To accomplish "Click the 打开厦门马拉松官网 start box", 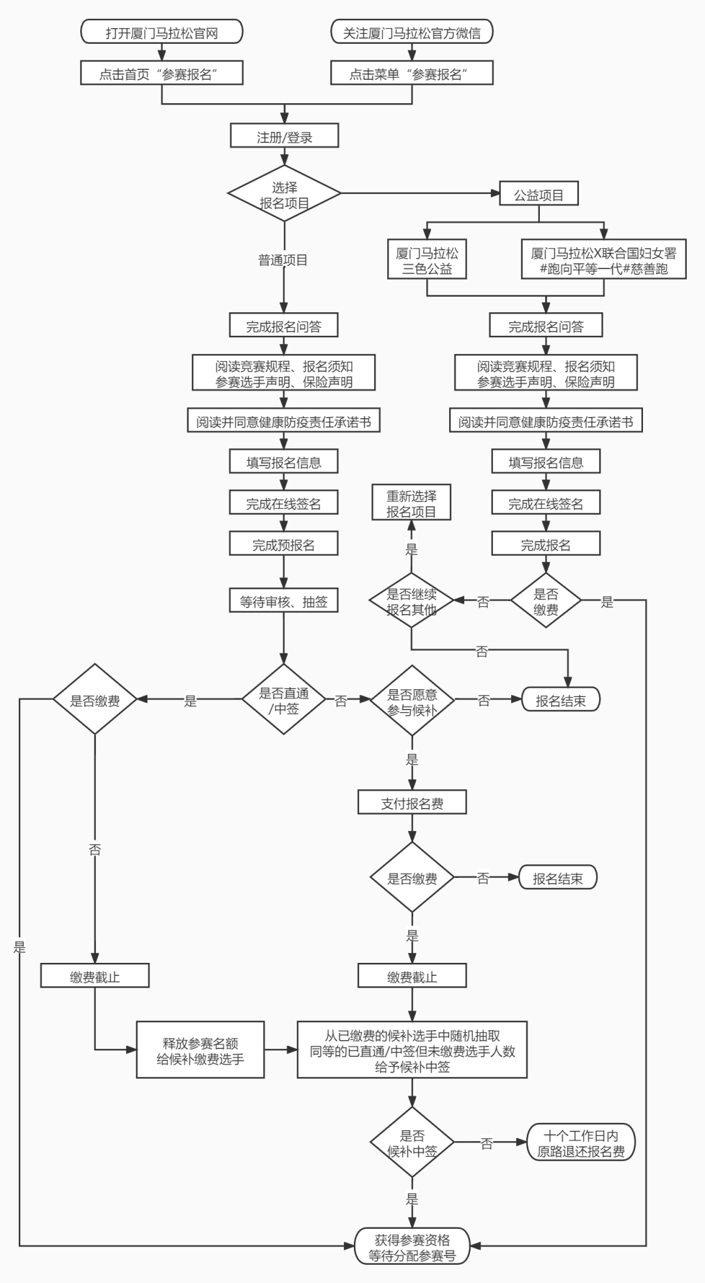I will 161,32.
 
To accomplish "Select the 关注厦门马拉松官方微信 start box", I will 411,32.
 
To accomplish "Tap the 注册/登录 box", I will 284,137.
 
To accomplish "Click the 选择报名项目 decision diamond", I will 284,194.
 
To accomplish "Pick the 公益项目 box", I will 539,194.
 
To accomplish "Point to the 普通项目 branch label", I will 283,260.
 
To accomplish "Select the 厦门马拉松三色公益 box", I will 427,260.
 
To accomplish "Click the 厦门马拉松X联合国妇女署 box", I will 603,260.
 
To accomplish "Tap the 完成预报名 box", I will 283,544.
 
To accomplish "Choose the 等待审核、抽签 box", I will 283,601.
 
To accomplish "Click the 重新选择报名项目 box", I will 411,504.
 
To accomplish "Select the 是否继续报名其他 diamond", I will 411,601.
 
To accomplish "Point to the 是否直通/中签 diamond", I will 283,700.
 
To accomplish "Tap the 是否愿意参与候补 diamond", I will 412,701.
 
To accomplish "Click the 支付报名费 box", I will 412,803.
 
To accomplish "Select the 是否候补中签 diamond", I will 412,1143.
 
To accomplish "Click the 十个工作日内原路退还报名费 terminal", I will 580,1143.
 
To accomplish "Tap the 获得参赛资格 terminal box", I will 412,1247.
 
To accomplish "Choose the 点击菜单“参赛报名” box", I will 411,74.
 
